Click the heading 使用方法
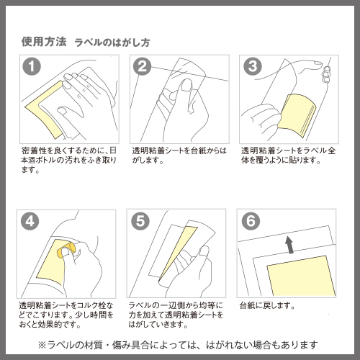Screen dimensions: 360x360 click(x=44, y=42)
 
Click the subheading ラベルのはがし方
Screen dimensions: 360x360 click(x=112, y=42)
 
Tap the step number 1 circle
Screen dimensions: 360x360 click(x=32, y=66)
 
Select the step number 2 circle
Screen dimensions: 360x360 click(x=143, y=66)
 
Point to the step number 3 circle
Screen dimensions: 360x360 click(x=253, y=66)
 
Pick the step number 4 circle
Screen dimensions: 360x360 click(x=30, y=221)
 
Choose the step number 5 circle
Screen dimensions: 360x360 click(x=140, y=221)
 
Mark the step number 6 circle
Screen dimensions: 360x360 click(x=251, y=221)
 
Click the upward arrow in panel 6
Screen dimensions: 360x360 click(x=290, y=244)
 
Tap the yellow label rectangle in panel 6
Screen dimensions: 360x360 click(x=302, y=276)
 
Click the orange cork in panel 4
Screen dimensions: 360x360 click(x=66, y=251)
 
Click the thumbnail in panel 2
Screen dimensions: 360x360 click(x=187, y=85)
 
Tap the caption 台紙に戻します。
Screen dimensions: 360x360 click(x=267, y=306)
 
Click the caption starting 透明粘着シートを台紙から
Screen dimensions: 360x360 click(x=179, y=156)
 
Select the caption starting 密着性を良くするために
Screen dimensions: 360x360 click(x=69, y=160)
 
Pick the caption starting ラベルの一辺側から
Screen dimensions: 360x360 click(x=176, y=315)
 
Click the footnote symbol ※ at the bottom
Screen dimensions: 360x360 click(x=42, y=345)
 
